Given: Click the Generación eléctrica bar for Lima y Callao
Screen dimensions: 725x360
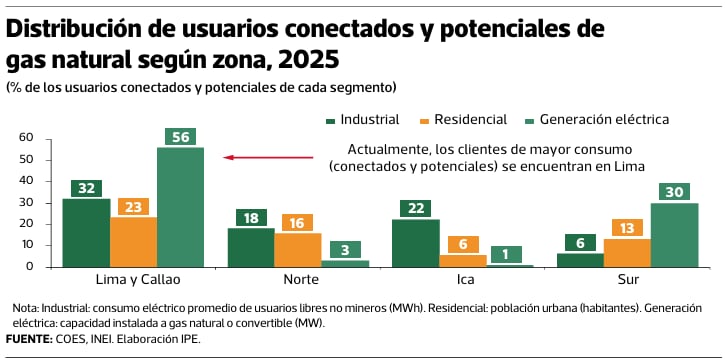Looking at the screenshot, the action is [180, 207].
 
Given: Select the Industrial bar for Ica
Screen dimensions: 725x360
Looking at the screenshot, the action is [416, 243].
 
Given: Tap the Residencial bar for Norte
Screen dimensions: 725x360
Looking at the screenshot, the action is [298, 250].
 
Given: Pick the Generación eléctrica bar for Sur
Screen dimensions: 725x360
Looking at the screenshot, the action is [674, 235].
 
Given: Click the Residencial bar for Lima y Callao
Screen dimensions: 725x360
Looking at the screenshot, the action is [134, 242].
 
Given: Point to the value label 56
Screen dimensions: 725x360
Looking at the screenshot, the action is [180, 137].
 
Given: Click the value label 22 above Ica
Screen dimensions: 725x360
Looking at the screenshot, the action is [415, 208].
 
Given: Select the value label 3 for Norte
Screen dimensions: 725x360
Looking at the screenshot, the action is [345, 250].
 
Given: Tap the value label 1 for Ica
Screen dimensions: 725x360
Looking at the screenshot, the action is [506, 255].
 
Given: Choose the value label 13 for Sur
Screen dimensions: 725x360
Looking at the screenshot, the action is [627, 227].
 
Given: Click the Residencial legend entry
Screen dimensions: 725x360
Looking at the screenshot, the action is [464, 120].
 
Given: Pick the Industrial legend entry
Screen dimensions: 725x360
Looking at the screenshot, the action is [363, 120].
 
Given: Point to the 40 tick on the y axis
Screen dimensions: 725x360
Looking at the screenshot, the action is [25, 182].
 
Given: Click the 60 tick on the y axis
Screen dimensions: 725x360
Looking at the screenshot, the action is [25, 139].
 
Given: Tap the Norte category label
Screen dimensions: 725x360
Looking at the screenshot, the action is [301, 280].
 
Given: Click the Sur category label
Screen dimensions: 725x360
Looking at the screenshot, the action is [628, 280].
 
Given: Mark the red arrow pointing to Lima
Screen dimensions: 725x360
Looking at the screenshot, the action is [268, 158].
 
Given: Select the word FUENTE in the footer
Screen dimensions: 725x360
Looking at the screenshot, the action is [29, 340].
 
